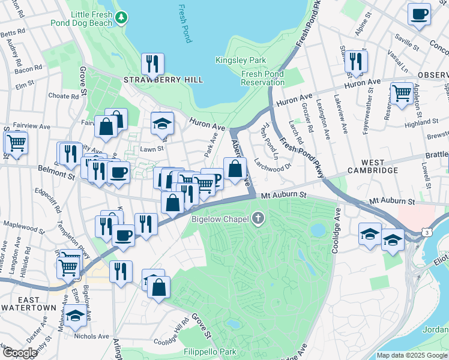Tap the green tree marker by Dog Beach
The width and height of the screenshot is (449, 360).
[122, 18]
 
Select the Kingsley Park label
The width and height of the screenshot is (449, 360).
[241, 60]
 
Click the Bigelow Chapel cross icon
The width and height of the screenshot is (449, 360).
[259, 218]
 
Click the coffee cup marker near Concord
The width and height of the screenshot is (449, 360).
[419, 13]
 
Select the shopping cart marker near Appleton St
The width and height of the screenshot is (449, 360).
[402, 93]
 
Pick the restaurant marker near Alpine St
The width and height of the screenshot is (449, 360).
[356, 61]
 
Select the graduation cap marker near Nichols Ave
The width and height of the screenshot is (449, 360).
[76, 314]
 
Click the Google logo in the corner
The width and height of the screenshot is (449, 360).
[20, 352]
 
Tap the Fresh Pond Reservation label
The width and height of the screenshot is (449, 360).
[262, 77]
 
